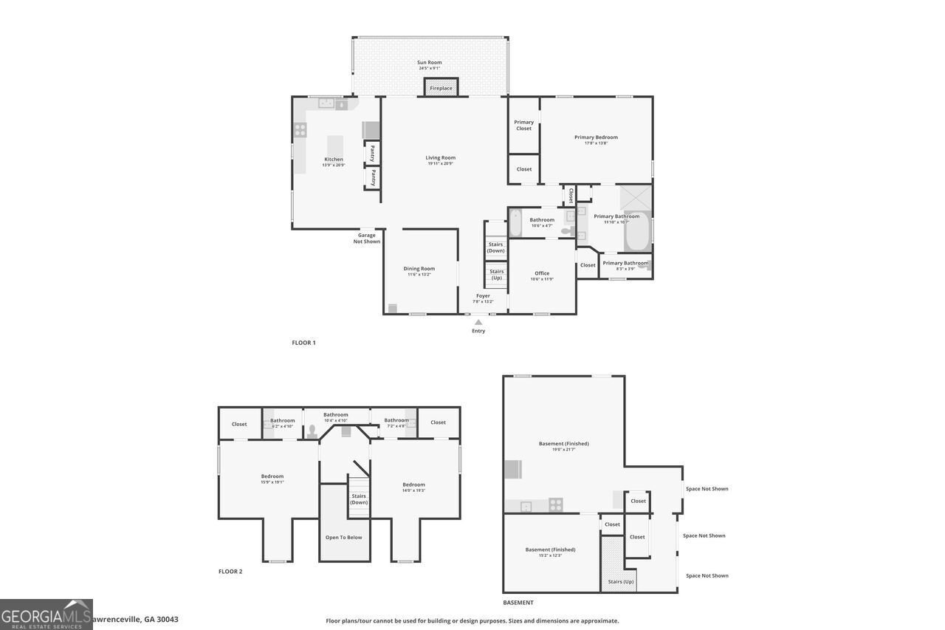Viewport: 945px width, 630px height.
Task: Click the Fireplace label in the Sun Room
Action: point(441,88)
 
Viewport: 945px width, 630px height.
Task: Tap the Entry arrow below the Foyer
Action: point(478,322)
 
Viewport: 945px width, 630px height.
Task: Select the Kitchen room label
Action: point(334,160)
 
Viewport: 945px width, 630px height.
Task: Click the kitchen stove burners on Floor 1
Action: point(300,130)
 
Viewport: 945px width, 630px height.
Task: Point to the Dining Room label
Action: point(419,269)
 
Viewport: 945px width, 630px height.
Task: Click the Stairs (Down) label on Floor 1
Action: point(495,247)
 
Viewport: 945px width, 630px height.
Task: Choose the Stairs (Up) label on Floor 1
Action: point(496,274)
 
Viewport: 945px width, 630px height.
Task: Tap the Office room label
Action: point(542,273)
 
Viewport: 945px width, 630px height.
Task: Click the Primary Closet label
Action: point(523,126)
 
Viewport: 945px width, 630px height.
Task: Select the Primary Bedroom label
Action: point(596,137)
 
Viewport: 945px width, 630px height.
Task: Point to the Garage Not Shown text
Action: point(367,238)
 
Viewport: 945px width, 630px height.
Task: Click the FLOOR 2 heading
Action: point(230,571)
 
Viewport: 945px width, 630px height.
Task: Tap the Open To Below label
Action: point(344,537)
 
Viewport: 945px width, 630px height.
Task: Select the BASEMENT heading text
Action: point(518,603)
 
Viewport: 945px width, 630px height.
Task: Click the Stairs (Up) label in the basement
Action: point(620,581)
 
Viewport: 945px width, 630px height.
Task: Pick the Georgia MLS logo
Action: point(46,614)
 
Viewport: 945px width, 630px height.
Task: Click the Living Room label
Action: point(440,157)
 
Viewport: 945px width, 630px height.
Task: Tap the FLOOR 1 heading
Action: point(303,343)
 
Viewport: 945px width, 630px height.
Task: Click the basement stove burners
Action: point(556,504)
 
